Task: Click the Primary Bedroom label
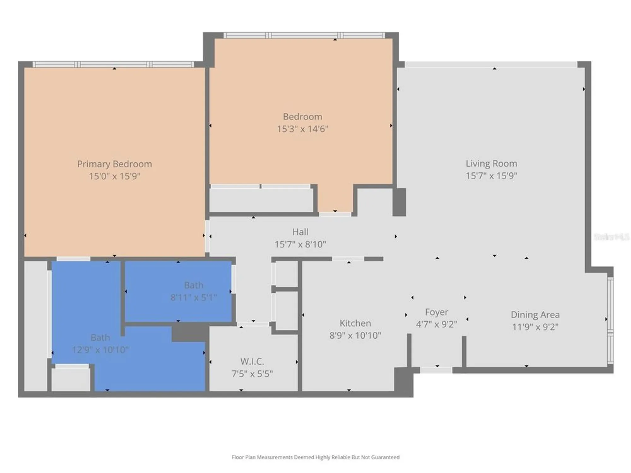click(x=115, y=164)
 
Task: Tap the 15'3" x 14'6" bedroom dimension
click(x=303, y=129)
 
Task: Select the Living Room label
click(x=491, y=163)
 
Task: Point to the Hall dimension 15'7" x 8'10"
click(x=300, y=244)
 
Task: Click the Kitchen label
click(x=355, y=323)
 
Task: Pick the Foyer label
click(x=436, y=312)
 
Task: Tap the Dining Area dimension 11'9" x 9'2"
click(x=535, y=327)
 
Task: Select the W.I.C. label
click(x=252, y=361)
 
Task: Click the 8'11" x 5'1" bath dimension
click(x=193, y=297)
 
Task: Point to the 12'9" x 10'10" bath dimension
click(x=100, y=350)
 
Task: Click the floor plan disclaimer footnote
click(x=315, y=457)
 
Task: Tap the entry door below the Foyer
click(x=436, y=370)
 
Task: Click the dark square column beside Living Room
click(x=399, y=202)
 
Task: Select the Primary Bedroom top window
click(x=114, y=65)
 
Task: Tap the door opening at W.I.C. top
click(x=253, y=324)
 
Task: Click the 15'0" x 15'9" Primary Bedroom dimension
click(x=115, y=176)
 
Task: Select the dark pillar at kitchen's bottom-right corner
click(x=404, y=382)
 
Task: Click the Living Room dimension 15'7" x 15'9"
click(x=491, y=176)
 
